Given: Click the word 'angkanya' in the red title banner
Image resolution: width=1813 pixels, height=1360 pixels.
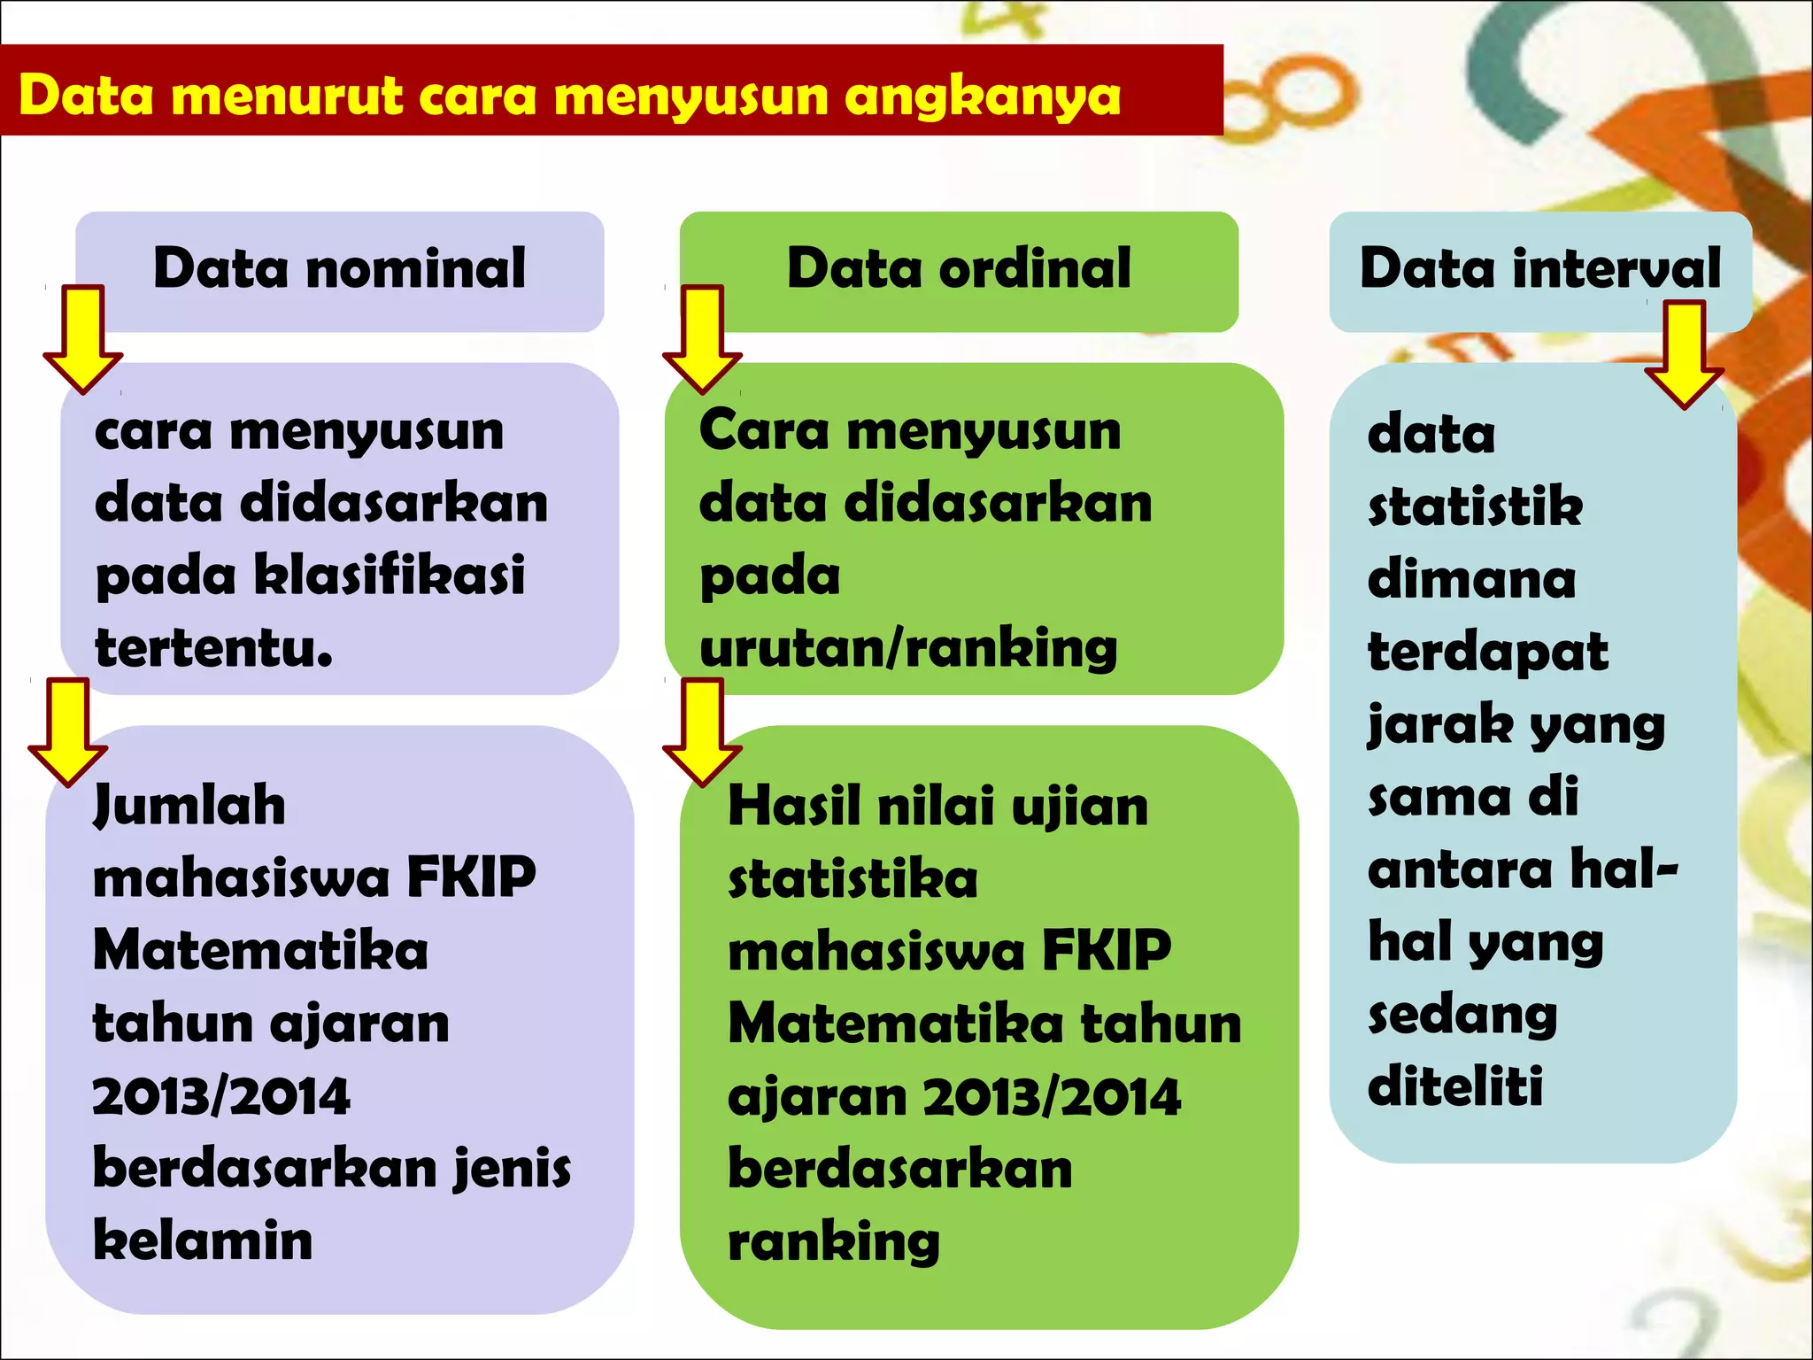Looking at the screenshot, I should [982, 97].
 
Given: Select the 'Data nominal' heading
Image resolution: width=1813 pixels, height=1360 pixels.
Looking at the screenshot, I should [339, 268].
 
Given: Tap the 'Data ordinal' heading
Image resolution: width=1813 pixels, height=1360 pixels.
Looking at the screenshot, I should [959, 268].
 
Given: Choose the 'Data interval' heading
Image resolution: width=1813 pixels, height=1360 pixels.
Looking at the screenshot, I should [1540, 268].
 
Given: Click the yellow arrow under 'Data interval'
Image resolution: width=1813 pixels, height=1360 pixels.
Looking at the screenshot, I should [1684, 354].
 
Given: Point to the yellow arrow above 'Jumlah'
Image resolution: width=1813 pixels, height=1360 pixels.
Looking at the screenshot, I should [68, 731].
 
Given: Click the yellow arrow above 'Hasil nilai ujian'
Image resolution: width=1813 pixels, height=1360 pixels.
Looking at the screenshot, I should [702, 731].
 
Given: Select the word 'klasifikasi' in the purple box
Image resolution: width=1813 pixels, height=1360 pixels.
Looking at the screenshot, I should [390, 576].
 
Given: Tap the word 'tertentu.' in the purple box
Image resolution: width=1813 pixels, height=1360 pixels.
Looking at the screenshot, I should [213, 648].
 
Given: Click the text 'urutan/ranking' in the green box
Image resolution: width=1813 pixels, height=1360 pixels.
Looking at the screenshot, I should [908, 648].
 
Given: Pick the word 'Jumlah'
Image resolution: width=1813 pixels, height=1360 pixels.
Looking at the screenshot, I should [189, 806].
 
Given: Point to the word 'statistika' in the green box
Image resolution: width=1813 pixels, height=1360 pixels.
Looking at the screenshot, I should [852, 879].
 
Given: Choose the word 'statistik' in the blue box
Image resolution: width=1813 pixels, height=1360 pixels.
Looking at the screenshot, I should [1475, 506].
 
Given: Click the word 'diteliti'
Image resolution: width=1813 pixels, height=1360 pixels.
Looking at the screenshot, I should [1455, 1086].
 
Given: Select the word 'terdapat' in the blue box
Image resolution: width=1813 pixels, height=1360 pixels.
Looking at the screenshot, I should [1487, 652].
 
